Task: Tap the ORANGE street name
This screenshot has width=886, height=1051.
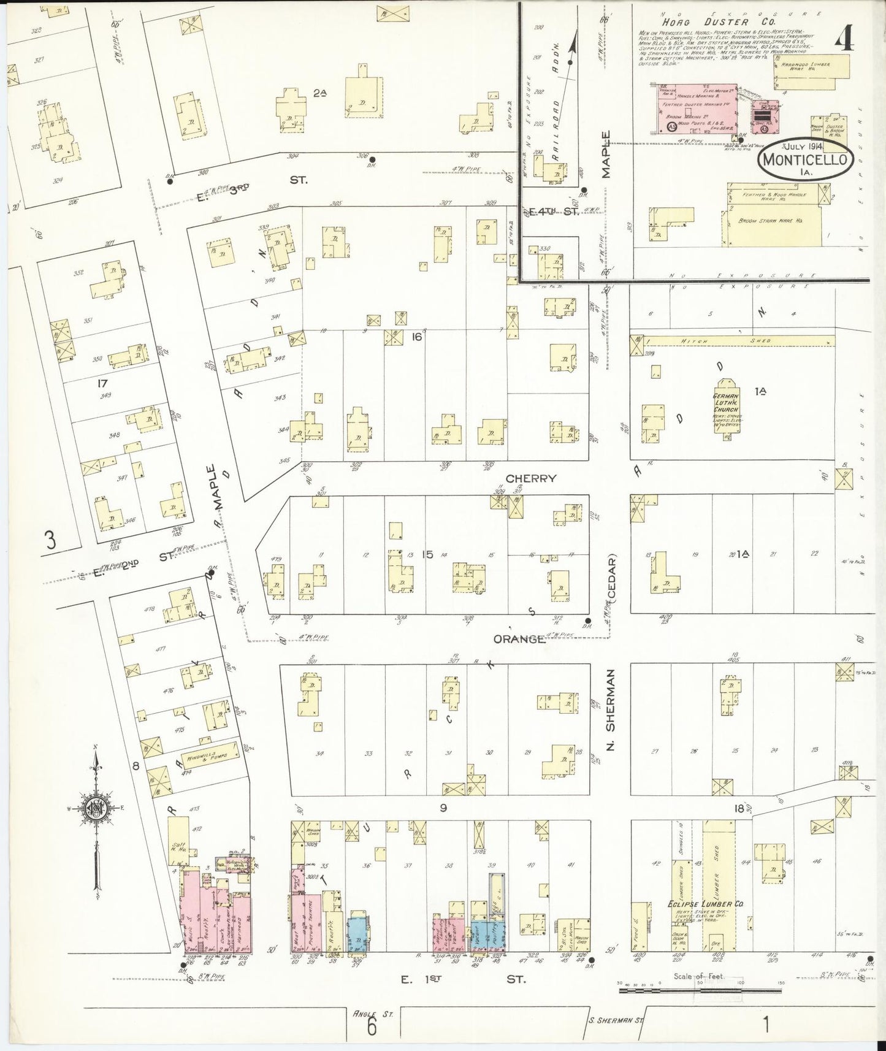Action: coord(519,639)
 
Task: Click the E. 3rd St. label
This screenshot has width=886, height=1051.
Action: coord(251,182)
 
